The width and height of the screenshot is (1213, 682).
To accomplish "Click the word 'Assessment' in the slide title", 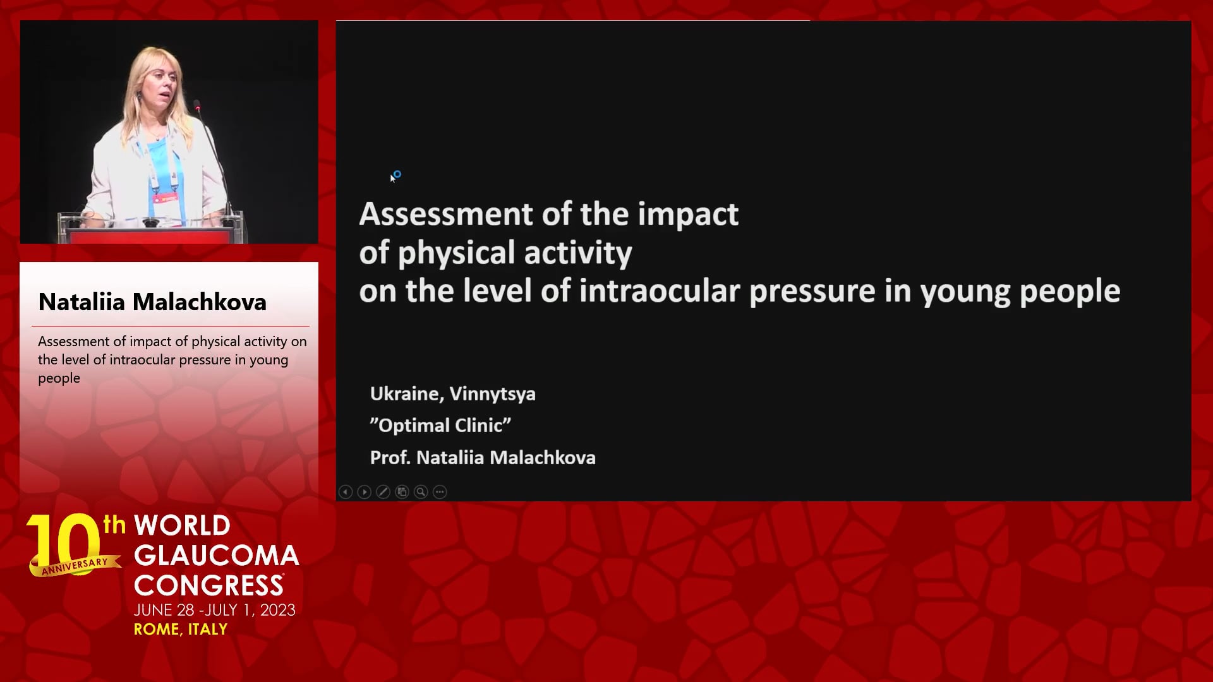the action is tap(446, 214).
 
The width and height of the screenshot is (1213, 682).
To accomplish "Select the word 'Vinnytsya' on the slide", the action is tap(493, 394).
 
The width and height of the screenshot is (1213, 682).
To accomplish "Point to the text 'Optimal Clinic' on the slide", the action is tap(440, 426).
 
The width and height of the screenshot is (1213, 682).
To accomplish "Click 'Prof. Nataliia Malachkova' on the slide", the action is tap(483, 457).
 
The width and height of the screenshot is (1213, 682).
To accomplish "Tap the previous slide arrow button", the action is tap(346, 492).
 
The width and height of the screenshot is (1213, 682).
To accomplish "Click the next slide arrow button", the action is tap(365, 492).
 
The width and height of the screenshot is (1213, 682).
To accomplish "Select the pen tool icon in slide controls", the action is tap(383, 492).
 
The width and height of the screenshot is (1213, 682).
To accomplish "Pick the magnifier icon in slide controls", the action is tap(421, 492).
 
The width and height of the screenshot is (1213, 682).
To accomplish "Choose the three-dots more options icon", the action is tap(440, 492).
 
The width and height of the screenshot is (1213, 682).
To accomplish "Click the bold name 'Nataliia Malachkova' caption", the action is tap(152, 302).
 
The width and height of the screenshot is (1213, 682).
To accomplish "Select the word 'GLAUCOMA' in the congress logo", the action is tap(216, 556).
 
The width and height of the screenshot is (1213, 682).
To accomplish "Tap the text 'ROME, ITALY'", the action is tap(181, 630).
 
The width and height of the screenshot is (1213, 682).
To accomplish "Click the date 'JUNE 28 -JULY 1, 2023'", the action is tap(215, 610).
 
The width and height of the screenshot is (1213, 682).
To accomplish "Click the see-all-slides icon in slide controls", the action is tap(402, 492).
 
